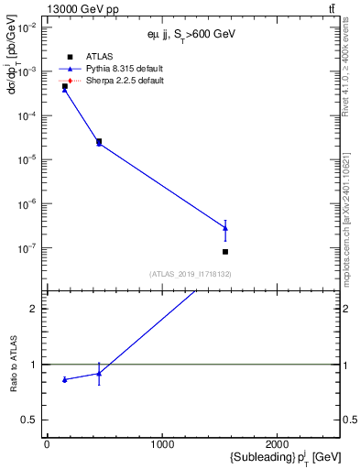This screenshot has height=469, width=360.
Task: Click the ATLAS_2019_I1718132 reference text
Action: pyautogui.click(x=190, y=273)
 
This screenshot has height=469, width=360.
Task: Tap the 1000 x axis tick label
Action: pyautogui.click(x=162, y=444)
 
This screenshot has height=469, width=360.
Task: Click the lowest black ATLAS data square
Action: pyautogui.click(x=225, y=252)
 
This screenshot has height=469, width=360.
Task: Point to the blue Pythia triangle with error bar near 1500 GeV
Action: pyautogui.click(x=225, y=228)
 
